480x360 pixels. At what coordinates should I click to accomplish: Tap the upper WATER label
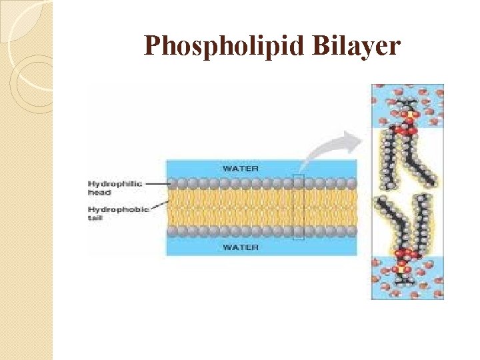pyautogui.click(x=241, y=168)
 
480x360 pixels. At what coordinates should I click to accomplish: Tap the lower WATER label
pyautogui.click(x=241, y=247)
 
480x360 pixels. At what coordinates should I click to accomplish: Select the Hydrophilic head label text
pyautogui.click(x=115, y=187)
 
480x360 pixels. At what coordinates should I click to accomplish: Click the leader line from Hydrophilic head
pyautogui.click(x=157, y=183)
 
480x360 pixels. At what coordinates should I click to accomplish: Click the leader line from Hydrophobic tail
pyautogui.click(x=157, y=209)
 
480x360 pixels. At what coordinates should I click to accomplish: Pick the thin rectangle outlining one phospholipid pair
pyautogui.click(x=298, y=207)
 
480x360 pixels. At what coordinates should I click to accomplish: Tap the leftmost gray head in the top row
pyautogui.click(x=171, y=183)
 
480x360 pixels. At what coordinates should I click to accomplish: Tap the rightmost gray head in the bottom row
pyautogui.click(x=352, y=231)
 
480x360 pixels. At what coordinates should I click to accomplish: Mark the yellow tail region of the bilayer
pyautogui.click(x=260, y=207)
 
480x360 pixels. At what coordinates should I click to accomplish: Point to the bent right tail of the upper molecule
pyautogui.click(x=421, y=163)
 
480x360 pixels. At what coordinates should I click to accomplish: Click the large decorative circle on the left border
pyautogui.click(x=30, y=80)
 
